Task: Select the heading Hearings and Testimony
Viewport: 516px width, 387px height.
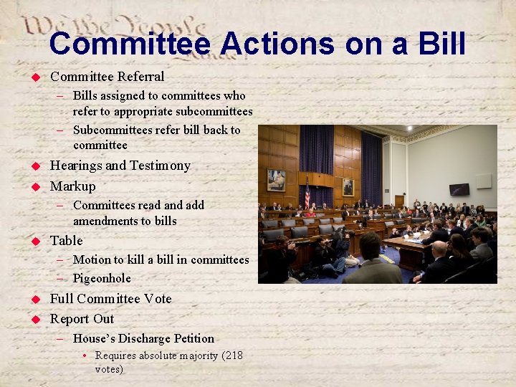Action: (120, 166)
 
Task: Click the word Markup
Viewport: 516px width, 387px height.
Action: (72, 186)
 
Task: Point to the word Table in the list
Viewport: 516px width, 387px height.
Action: (67, 241)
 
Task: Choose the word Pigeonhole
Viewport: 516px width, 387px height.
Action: (102, 278)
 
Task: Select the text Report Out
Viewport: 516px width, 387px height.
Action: (82, 319)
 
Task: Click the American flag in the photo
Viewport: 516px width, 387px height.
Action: (307, 193)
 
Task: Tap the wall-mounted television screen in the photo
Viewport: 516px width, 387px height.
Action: (459, 189)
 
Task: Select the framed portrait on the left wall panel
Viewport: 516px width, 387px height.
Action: (276, 180)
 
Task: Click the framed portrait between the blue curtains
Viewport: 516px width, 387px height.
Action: (348, 186)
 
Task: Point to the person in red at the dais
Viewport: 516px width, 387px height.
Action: (310, 212)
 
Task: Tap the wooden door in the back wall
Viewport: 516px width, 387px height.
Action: (399, 201)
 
